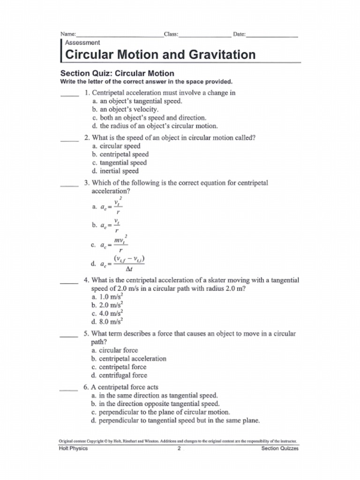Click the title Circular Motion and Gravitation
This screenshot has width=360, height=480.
[160, 55]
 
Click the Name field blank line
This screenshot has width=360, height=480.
[120, 36]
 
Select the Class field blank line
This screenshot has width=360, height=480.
[204, 36]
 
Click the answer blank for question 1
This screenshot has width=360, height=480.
[69, 95]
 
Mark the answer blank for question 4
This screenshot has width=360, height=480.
[69, 283]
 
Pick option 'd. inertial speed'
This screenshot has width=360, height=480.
[115, 171]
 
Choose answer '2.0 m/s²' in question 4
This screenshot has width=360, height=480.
[107, 305]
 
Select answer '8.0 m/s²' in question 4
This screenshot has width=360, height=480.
[107, 322]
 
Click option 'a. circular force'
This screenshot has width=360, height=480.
[115, 350]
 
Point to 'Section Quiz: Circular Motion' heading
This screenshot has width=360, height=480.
[117, 73]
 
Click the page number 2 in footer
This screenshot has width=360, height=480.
[179, 449]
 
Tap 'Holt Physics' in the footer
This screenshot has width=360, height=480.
[73, 449]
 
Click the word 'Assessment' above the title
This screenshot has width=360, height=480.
[82, 43]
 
